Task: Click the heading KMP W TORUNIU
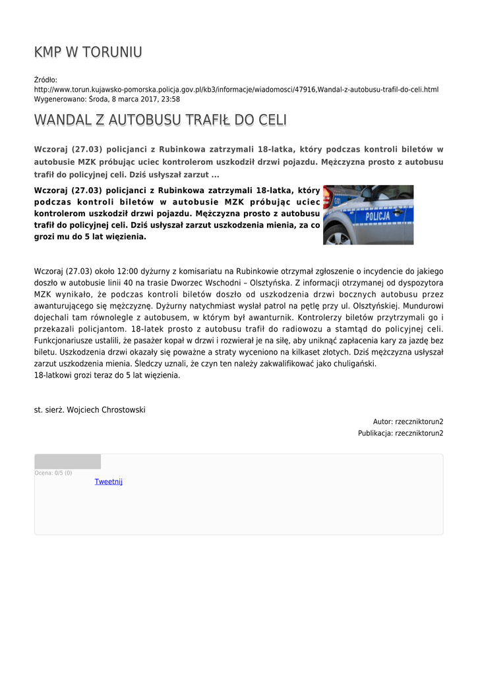(88, 52)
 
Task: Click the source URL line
(236, 90)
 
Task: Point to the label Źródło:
(45, 80)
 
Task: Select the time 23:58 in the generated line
(170, 99)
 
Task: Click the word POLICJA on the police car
(377, 216)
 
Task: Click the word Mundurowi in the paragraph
(421, 307)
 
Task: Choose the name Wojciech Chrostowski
(106, 410)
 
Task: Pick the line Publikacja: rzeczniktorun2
(400, 433)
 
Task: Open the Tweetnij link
(108, 482)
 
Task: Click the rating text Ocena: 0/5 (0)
(53, 473)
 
